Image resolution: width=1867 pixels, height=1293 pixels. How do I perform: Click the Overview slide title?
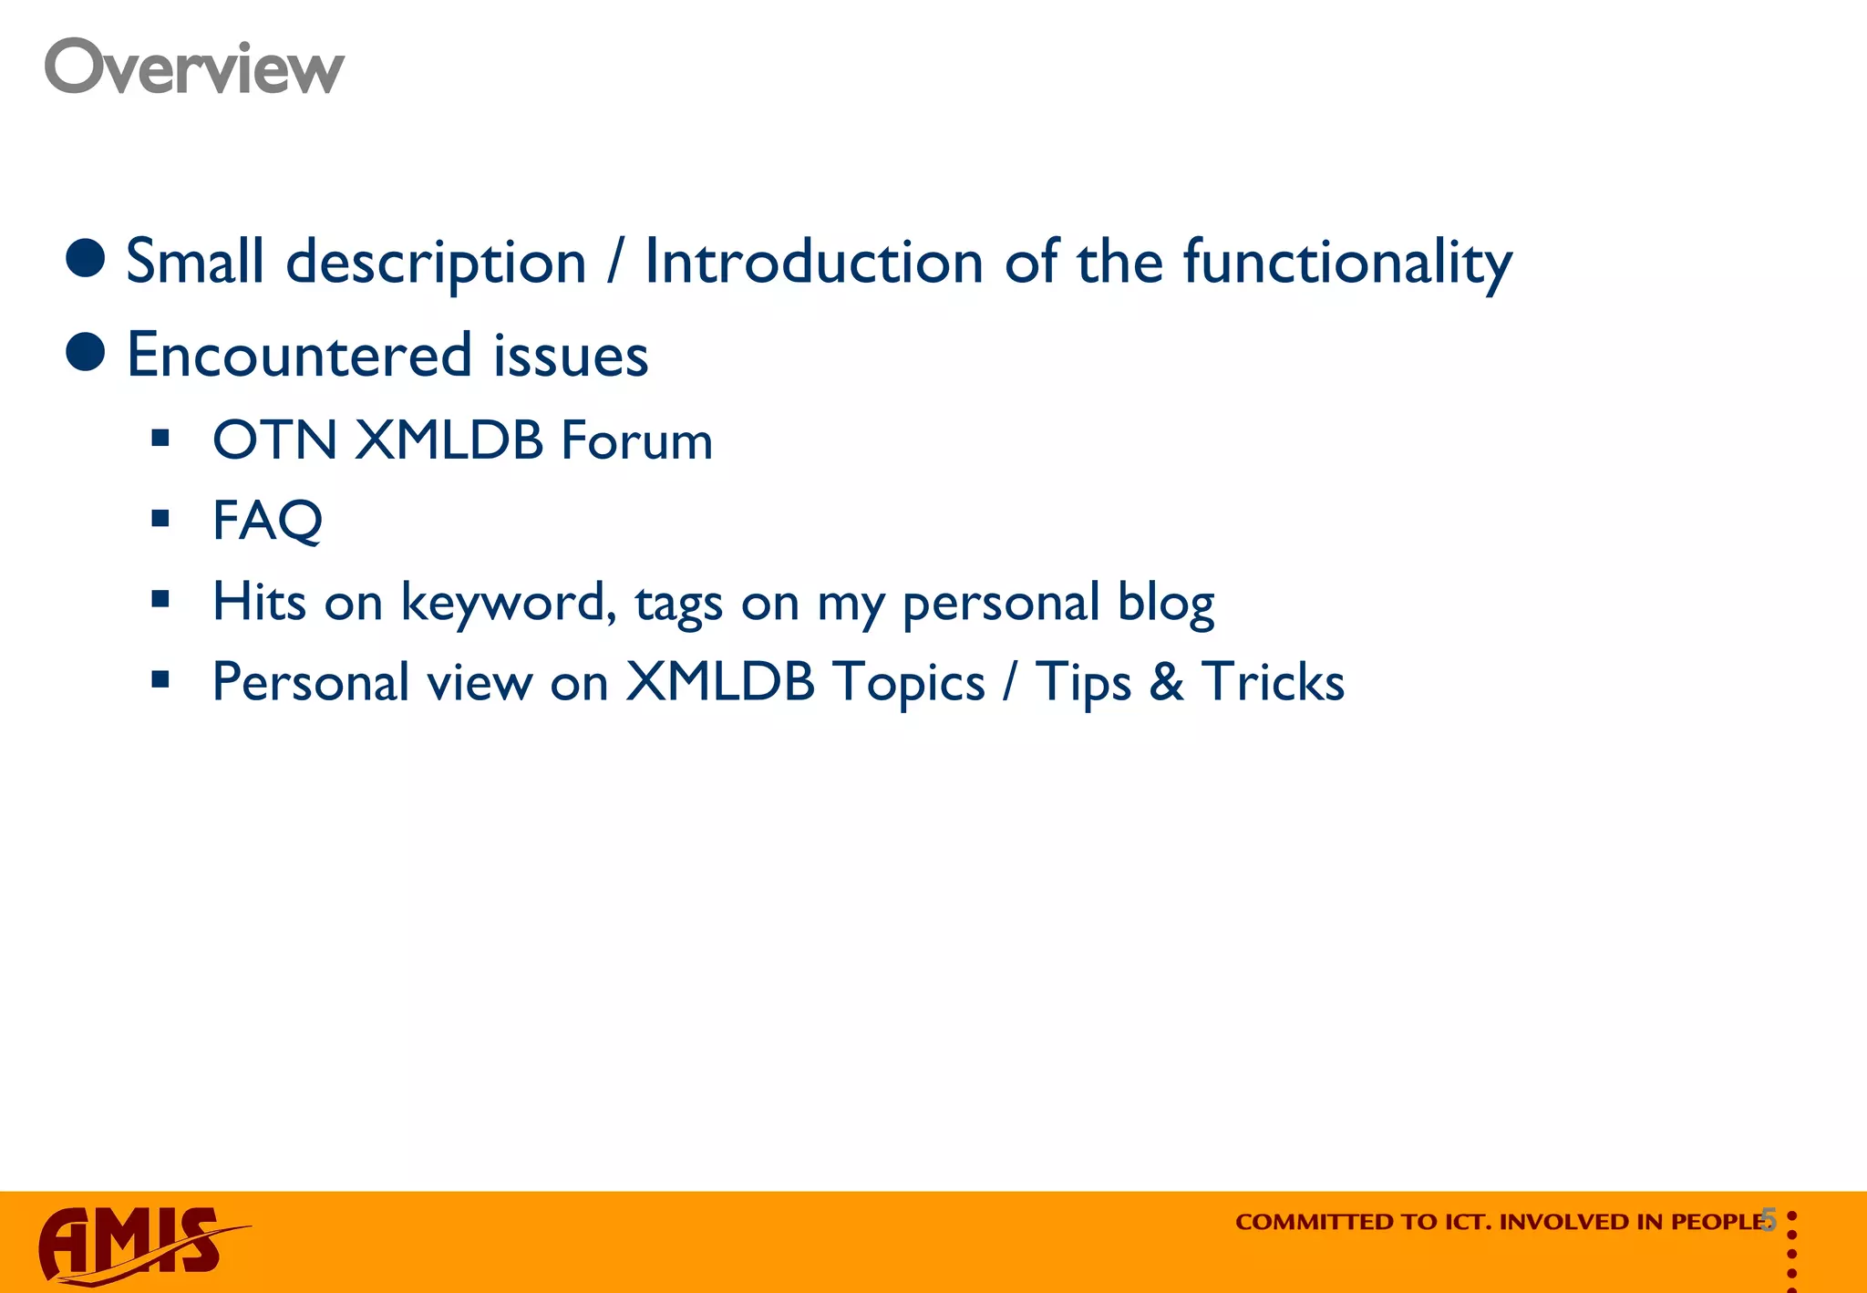pos(194,67)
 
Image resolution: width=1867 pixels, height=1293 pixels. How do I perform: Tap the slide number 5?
pos(1769,1219)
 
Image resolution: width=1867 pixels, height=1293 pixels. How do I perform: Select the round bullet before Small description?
pos(86,258)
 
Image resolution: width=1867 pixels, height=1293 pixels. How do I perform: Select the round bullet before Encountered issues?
pos(86,352)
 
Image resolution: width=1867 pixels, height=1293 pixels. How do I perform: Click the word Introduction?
pos(813,263)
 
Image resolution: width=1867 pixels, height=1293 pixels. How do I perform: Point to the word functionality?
pos(1347,263)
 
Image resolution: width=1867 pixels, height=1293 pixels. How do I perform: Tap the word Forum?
pos(636,440)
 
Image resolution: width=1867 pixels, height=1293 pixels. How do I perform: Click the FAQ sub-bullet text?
pos(267,521)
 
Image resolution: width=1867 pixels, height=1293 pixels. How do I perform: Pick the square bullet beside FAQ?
pos(161,520)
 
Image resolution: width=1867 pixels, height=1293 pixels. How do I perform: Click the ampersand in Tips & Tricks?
pos(1166,682)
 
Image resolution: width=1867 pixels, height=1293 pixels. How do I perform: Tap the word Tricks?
pos(1273,682)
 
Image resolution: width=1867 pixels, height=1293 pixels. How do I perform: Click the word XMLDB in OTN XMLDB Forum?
pos(449,440)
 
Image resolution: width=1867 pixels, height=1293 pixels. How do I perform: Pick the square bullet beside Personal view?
pos(161,679)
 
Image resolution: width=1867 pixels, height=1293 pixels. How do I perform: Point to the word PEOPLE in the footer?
pos(1717,1222)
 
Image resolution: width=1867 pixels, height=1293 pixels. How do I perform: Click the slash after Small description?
pos(615,263)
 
